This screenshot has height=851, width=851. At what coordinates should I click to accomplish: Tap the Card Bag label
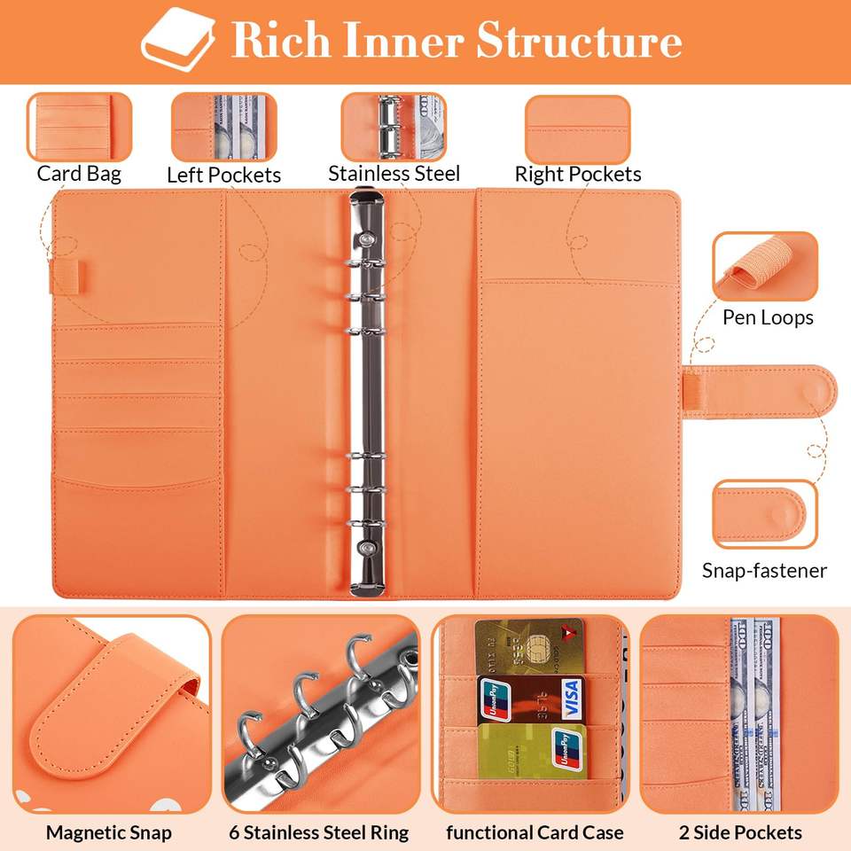point(79,173)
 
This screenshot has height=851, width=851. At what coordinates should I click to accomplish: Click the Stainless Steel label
point(394,173)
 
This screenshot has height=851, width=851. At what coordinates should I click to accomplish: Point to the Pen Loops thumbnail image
point(764,267)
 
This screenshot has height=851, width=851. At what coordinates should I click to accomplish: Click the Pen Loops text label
point(768,317)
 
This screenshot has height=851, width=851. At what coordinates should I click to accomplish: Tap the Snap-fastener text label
point(764,570)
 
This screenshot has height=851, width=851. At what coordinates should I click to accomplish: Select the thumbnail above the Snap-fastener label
point(764,515)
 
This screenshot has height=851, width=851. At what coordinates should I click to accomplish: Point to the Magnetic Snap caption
point(109,832)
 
